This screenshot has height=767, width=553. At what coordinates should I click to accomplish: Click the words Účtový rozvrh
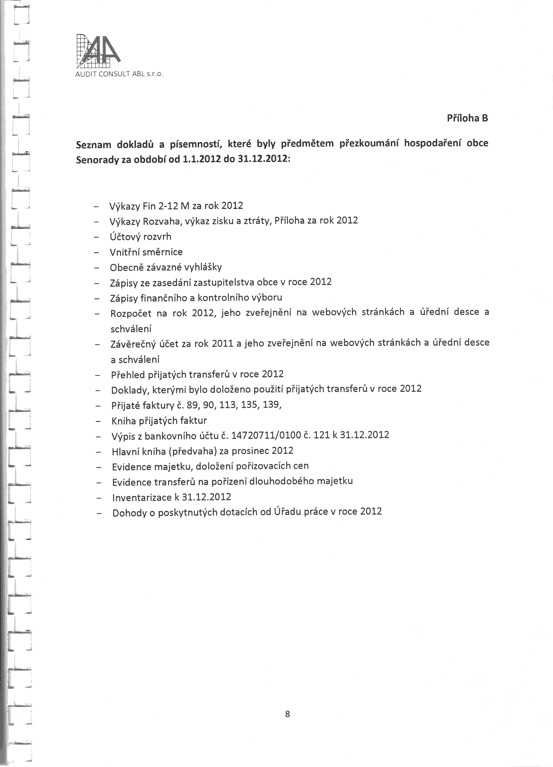140,236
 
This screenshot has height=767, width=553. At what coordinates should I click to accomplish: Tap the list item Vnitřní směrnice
146,252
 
